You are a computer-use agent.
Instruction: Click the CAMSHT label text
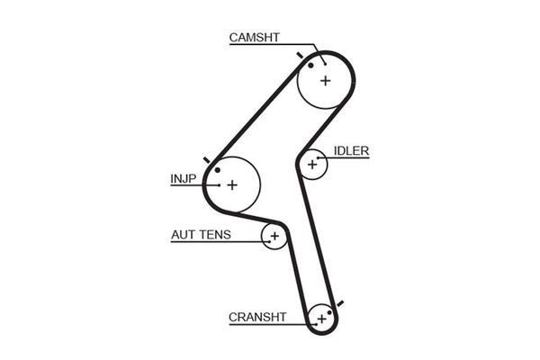click(x=255, y=37)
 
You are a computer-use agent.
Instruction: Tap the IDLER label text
click(x=351, y=150)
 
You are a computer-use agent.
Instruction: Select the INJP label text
click(x=183, y=178)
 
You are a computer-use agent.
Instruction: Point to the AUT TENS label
click(x=201, y=235)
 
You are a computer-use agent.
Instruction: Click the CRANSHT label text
click(x=257, y=316)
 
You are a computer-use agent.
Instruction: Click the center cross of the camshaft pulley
click(x=325, y=80)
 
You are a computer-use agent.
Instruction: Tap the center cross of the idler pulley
click(x=313, y=164)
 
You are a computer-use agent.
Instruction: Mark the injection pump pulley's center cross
click(x=231, y=184)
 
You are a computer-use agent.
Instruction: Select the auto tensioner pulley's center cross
click(x=274, y=237)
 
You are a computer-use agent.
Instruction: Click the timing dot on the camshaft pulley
click(x=310, y=64)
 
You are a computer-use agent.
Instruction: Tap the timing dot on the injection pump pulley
click(x=217, y=169)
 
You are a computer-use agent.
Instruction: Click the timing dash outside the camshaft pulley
click(x=299, y=55)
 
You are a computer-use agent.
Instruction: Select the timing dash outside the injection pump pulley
click(x=207, y=160)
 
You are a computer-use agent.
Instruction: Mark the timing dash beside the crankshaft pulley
click(x=340, y=303)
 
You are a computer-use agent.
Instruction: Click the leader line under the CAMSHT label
click(x=270, y=45)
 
